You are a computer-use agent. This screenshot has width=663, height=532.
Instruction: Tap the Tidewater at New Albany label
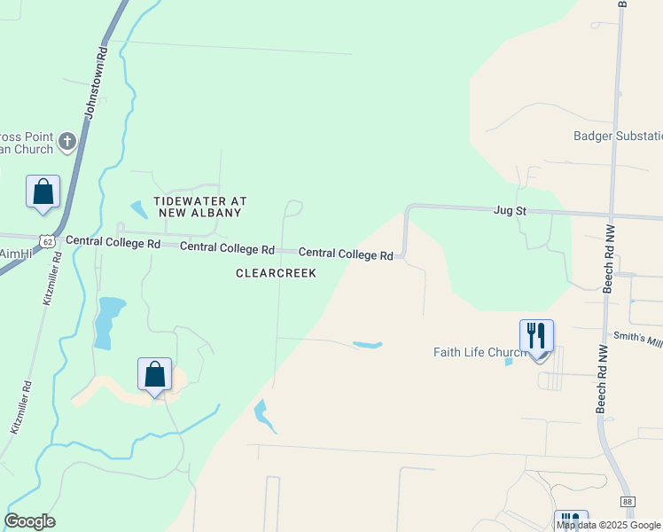click(199, 207)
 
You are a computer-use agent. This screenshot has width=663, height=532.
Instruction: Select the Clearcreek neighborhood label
click(276, 274)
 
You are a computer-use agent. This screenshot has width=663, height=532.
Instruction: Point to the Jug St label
click(510, 211)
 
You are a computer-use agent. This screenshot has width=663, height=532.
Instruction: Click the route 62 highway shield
click(47, 240)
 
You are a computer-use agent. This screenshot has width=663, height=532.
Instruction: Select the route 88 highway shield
click(628, 502)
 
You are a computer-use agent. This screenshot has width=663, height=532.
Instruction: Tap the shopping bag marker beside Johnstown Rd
click(43, 192)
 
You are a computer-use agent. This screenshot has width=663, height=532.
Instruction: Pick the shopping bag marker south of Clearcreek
click(154, 375)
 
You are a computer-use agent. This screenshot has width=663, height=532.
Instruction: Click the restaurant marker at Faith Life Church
click(536, 337)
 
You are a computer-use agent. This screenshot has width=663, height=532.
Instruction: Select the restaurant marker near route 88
click(570, 520)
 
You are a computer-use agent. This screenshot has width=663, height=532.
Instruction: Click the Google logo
click(29, 521)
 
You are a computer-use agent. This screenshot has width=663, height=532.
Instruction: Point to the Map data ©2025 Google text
click(609, 525)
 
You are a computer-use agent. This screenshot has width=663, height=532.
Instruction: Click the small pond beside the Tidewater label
click(139, 210)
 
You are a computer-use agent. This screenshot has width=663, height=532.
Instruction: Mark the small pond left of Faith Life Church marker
click(508, 361)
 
